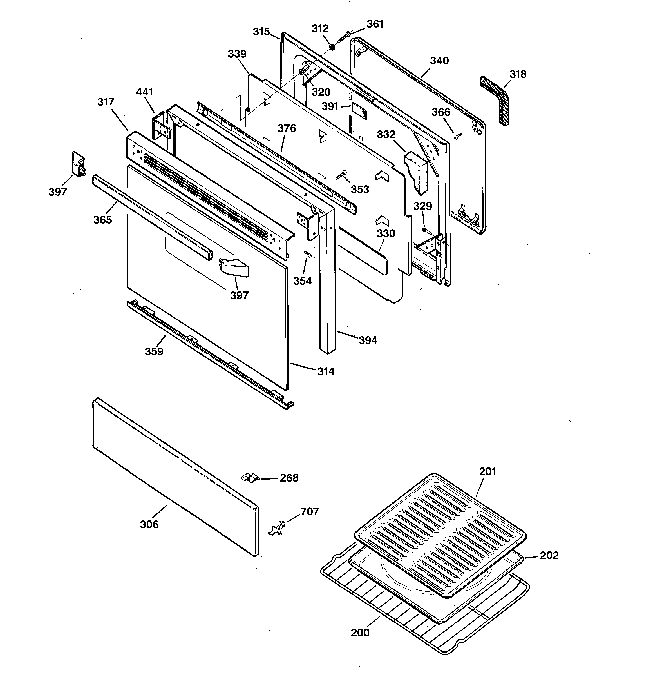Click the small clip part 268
click(250, 478)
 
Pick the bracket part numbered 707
click(277, 528)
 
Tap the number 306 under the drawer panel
click(149, 524)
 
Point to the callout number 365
click(102, 220)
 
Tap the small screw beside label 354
click(308, 254)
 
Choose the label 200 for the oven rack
click(360, 633)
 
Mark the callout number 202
click(549, 555)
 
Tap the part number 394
click(368, 340)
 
